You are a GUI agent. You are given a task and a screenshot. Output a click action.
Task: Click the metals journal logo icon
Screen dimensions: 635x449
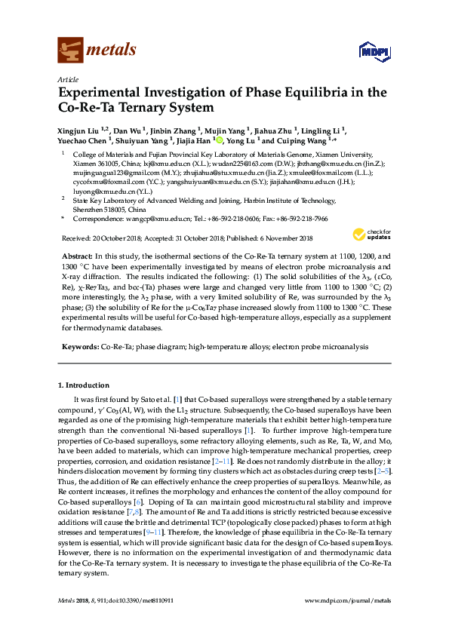click(69, 51)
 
